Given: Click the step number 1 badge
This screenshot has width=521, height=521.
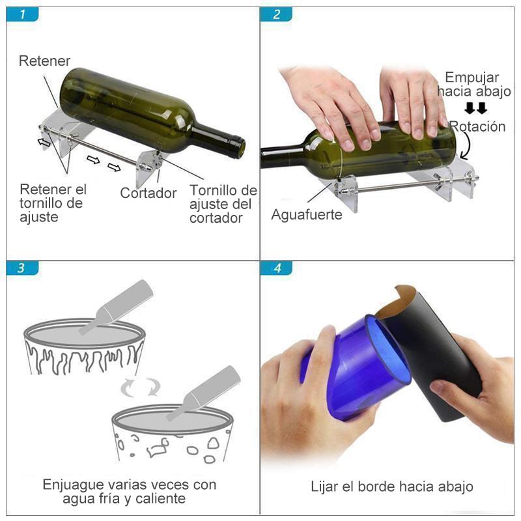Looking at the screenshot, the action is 22,14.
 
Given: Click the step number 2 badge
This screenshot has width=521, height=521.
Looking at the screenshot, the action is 276,14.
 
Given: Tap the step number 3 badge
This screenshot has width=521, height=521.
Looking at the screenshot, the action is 22,268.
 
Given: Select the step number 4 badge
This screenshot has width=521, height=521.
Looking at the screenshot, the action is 276,268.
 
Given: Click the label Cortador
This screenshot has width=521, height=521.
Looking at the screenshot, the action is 148,193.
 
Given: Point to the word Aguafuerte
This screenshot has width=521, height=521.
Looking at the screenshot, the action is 306,215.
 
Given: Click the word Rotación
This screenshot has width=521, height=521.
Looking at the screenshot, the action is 477,126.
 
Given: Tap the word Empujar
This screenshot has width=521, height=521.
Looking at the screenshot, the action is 472,77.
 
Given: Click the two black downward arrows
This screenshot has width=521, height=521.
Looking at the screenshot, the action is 476,108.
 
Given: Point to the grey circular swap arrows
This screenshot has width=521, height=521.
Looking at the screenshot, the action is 140,387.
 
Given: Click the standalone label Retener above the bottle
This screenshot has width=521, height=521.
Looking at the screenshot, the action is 44,61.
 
